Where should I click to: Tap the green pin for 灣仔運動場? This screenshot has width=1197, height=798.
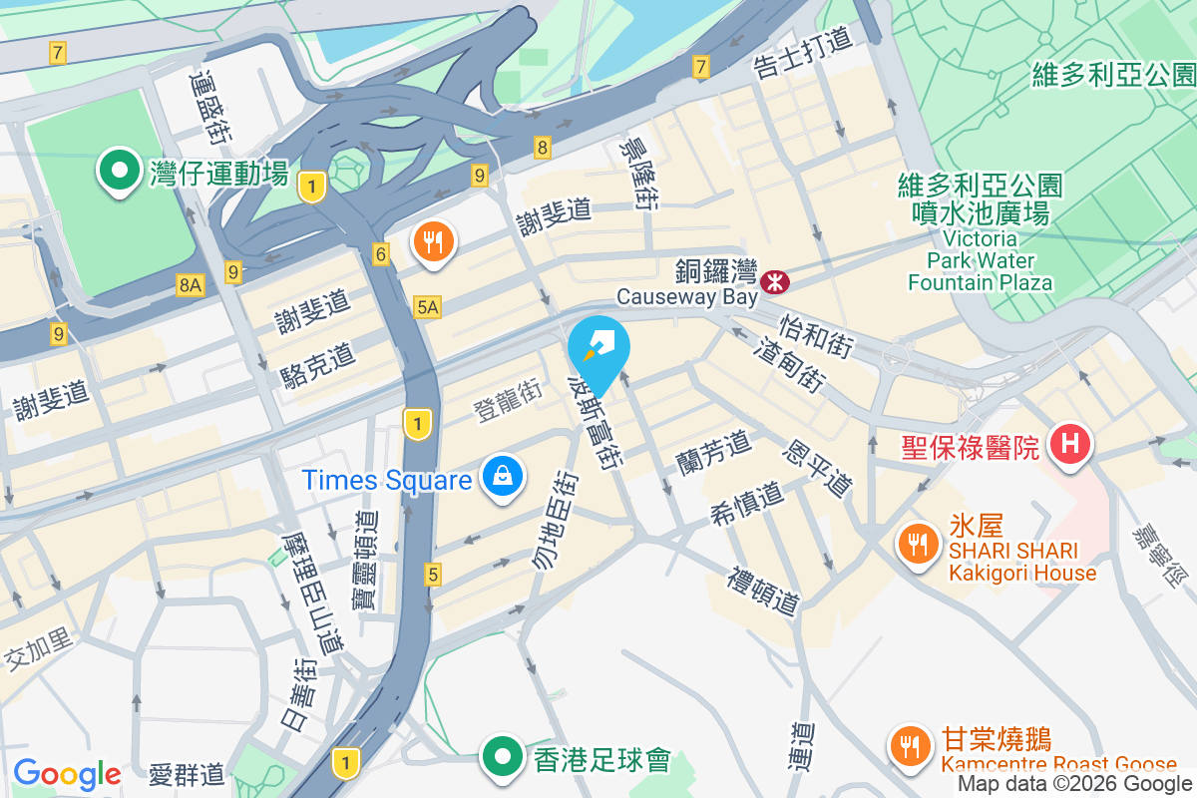pyautogui.click(x=120, y=171)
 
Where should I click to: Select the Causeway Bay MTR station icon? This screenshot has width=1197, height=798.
pyautogui.click(x=774, y=281)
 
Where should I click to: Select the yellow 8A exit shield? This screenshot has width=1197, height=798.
pyautogui.click(x=190, y=286)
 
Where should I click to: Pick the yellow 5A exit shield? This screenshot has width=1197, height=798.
pyautogui.click(x=427, y=307)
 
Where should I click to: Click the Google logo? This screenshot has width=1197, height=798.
pyautogui.click(x=67, y=773)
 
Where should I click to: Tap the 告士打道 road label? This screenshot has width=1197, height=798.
pyautogui.click(x=803, y=53)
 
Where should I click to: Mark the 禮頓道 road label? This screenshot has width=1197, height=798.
pyautogui.click(x=764, y=591)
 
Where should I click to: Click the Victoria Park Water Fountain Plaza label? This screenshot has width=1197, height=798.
pyautogui.click(x=980, y=261)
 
